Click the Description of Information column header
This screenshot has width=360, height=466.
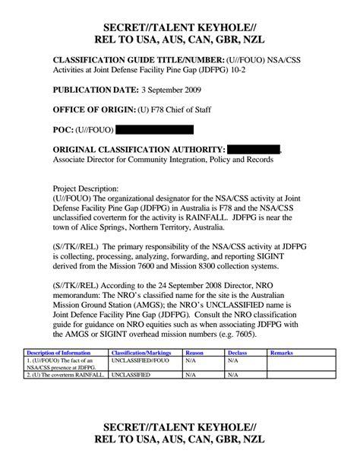click(x=58, y=353)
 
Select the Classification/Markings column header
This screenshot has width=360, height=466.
click(x=141, y=353)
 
